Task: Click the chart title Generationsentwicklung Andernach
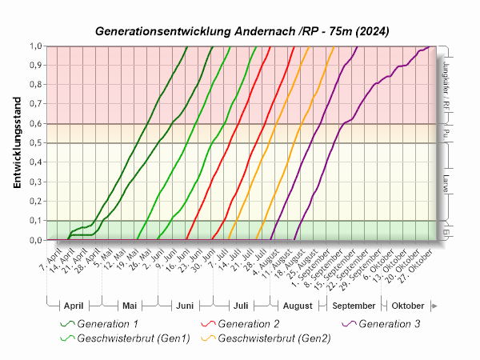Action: click(242, 31)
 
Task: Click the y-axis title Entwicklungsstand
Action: click(17, 144)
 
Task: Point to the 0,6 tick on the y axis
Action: click(36, 124)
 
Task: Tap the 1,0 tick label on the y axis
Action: click(36, 46)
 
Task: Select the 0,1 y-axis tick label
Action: click(36, 221)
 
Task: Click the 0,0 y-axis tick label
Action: click(36, 240)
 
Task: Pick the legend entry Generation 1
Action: click(107, 324)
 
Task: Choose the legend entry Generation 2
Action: click(249, 324)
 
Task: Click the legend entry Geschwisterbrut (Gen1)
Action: click(133, 338)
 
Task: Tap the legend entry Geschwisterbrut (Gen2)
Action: click(274, 338)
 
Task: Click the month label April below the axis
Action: click(73, 306)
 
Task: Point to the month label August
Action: click(298, 306)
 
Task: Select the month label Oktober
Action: click(407, 306)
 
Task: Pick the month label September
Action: click(354, 306)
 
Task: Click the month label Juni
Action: click(184, 306)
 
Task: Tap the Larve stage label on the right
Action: click(445, 182)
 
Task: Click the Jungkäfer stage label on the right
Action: click(445, 85)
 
